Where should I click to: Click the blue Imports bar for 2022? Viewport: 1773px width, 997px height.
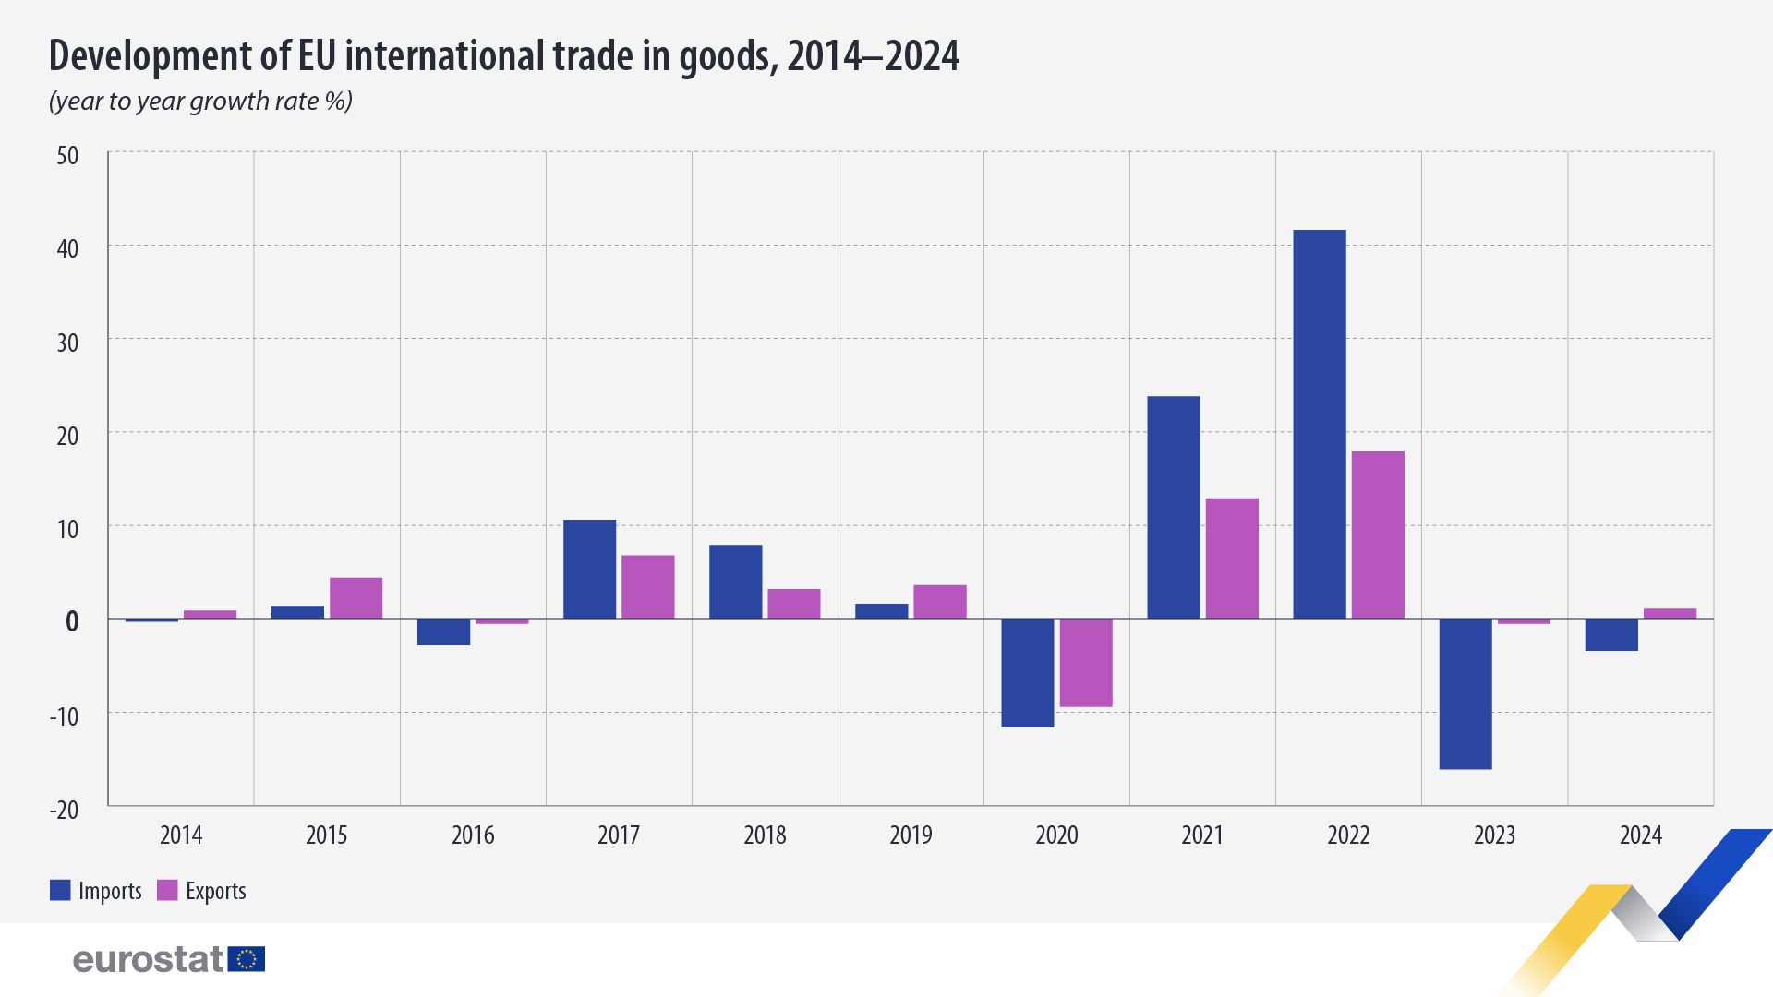point(1319,424)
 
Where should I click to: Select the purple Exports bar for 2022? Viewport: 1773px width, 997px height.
point(1378,535)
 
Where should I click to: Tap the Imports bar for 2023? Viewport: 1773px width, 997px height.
point(1465,693)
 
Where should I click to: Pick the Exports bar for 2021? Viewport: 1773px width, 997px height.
point(1232,559)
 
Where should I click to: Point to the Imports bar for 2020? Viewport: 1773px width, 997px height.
point(1028,673)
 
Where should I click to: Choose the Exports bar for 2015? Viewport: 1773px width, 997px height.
point(356,598)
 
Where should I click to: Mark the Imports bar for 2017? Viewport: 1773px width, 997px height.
point(589,569)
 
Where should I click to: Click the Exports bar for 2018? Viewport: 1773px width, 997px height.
point(793,604)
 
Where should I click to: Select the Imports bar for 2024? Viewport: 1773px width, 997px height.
point(1611,635)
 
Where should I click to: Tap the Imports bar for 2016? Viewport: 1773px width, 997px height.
point(443,632)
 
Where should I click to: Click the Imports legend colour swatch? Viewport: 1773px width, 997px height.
point(60,890)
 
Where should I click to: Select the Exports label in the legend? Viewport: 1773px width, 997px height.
point(215,891)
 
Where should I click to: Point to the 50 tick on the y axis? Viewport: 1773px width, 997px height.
point(67,155)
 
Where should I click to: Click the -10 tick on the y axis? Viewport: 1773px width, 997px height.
point(65,716)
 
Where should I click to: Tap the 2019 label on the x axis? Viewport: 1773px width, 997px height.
point(911,835)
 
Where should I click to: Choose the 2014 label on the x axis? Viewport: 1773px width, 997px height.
point(181,835)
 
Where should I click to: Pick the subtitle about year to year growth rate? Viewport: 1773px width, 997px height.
point(200,101)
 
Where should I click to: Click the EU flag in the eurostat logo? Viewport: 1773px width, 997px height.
point(247,959)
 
